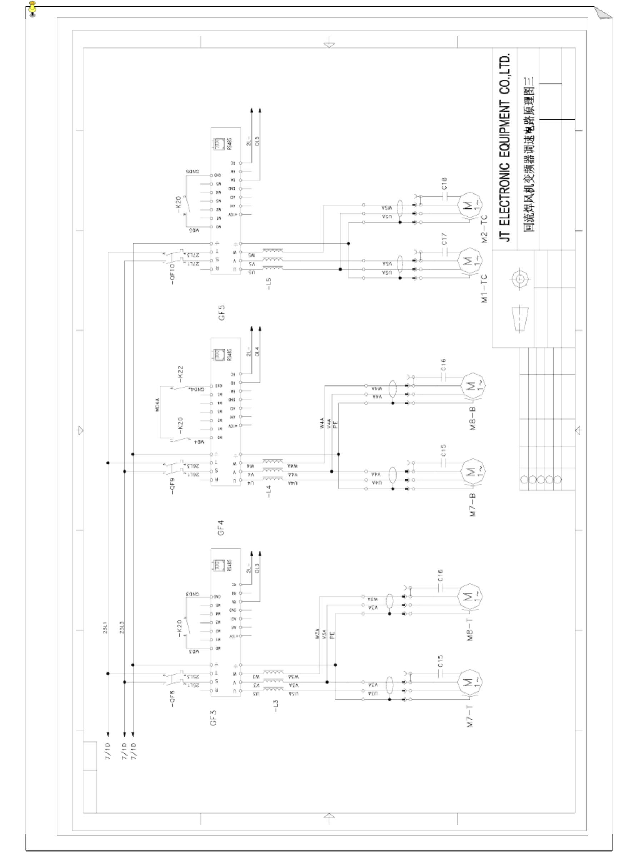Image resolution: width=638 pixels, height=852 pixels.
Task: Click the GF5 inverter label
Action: (221, 312)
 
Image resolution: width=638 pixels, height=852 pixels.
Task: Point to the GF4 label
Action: (220, 528)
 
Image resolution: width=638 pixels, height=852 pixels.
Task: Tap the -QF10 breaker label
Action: (172, 274)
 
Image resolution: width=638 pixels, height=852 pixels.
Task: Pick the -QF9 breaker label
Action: (172, 487)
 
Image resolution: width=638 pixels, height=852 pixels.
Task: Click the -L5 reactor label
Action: (269, 284)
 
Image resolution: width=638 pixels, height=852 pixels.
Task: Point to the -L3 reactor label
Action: (275, 706)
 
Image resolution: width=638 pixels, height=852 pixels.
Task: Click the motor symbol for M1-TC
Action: (469, 261)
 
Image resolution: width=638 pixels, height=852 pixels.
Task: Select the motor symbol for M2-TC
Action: (469, 205)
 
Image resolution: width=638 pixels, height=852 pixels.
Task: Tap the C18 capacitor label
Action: (444, 184)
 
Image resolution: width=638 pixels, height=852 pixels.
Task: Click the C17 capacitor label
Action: (444, 239)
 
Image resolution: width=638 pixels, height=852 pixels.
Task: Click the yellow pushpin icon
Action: (33, 8)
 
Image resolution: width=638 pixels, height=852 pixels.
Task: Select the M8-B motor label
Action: (473, 419)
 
